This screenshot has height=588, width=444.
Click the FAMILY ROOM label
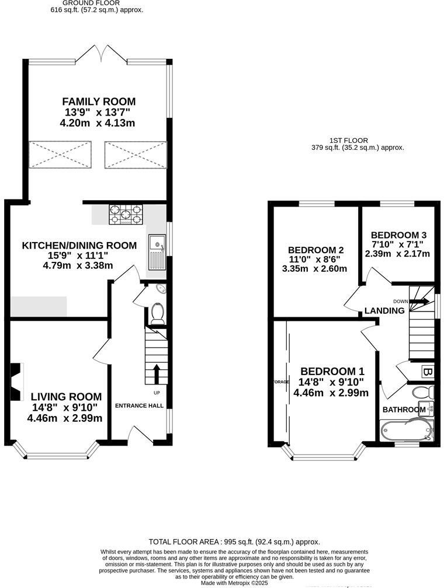tap(99, 101)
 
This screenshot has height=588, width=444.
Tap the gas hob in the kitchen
tap(126, 214)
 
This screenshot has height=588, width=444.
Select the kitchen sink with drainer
tap(157, 251)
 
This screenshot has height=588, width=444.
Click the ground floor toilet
tap(157, 313)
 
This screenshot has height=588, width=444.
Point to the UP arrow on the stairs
tap(156, 373)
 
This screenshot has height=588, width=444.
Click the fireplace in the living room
tap(16, 376)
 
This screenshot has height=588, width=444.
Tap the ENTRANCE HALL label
tap(139, 405)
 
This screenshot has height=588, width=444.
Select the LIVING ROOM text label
tap(66, 397)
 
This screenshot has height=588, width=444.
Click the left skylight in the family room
tap(61, 155)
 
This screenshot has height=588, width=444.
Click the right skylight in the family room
tap(136, 155)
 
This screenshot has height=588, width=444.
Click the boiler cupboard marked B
tap(426, 372)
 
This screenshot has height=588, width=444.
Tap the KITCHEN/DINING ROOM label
tap(79, 246)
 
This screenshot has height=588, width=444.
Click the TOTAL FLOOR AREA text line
tap(234, 541)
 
